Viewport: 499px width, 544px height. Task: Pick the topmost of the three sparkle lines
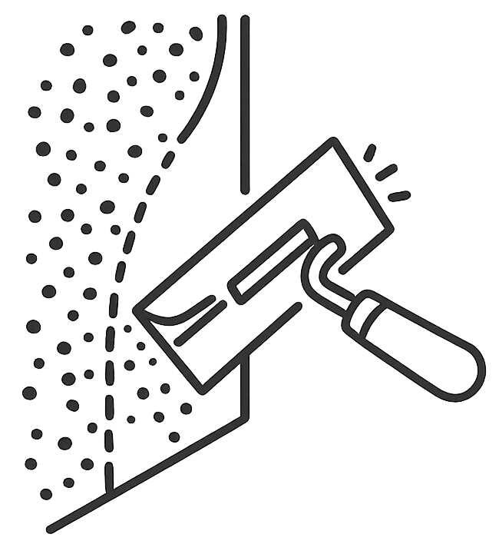click(x=369, y=152)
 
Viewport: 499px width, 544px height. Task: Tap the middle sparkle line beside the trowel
click(x=386, y=172)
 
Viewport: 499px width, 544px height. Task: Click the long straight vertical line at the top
click(x=245, y=104)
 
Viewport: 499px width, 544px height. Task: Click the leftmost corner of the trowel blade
click(x=136, y=310)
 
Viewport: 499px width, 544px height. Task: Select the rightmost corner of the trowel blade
click(x=392, y=227)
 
